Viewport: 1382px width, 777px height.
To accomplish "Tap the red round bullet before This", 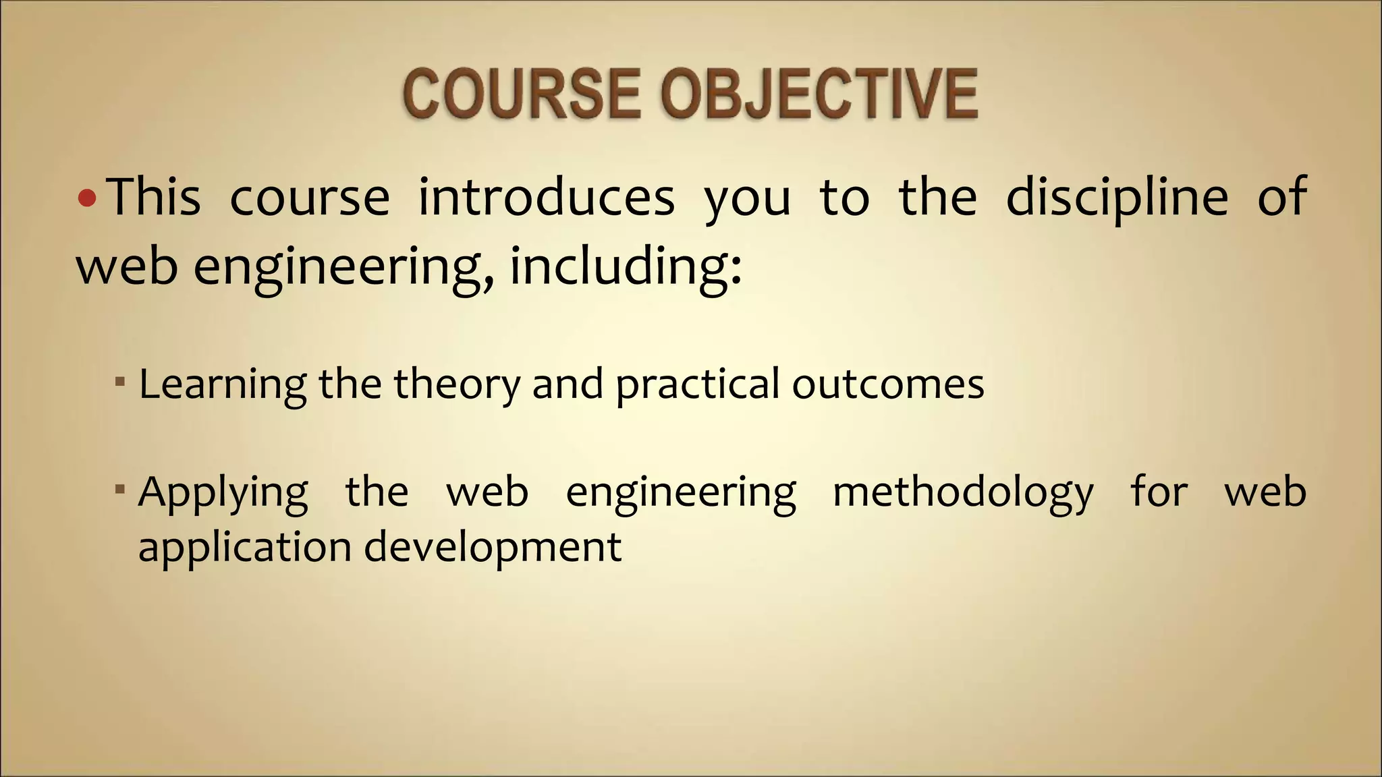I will (x=88, y=198).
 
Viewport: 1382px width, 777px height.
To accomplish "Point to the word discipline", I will (x=1117, y=198).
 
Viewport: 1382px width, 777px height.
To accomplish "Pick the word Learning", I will (x=223, y=384).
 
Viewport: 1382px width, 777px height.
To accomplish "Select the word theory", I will (x=457, y=384).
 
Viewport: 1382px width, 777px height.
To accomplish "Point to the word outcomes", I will (x=888, y=384).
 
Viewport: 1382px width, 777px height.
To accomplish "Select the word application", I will (x=245, y=547).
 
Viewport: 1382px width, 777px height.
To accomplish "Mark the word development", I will (x=493, y=547).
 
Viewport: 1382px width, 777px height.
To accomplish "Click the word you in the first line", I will (x=747, y=199).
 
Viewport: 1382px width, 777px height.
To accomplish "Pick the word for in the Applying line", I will (x=1159, y=491).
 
